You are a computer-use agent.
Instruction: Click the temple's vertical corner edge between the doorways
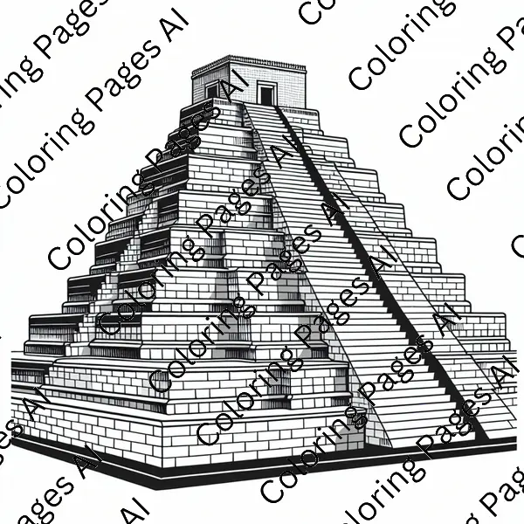245,91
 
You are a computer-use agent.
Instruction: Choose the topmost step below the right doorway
267,108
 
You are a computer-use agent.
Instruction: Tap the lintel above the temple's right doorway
266,83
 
